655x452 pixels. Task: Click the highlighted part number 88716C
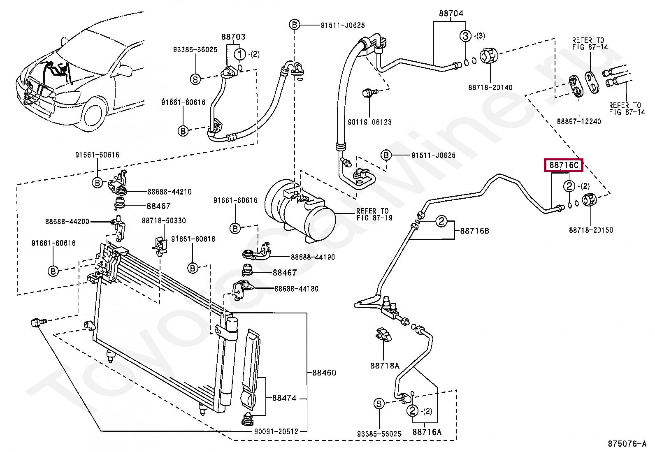(x=564, y=165)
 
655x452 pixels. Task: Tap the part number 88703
(x=233, y=37)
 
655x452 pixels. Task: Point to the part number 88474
(x=284, y=398)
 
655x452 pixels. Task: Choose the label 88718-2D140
(x=490, y=87)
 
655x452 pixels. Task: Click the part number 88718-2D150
(x=591, y=230)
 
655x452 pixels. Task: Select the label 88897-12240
(x=579, y=121)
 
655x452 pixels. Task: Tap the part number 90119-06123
(x=369, y=122)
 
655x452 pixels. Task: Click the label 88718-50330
(x=164, y=220)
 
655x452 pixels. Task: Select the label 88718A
(x=385, y=365)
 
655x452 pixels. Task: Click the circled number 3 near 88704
(x=465, y=36)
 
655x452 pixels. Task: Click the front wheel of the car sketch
(x=93, y=116)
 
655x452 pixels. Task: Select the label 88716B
(x=474, y=231)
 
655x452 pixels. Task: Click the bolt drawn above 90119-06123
(x=367, y=93)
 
